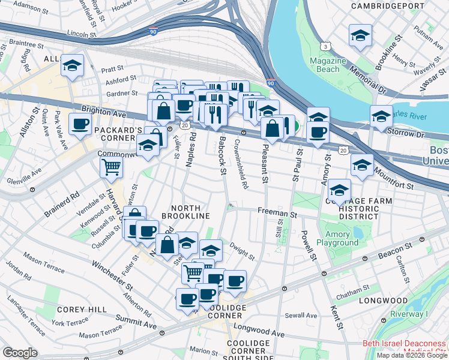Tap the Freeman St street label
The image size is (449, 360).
tap(277, 212)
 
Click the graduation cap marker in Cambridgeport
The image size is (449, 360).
tap(360, 35)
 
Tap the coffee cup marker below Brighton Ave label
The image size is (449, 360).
tap(80, 125)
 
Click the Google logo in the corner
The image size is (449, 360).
tap(20, 353)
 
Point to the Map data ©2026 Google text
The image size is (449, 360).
tap(411, 355)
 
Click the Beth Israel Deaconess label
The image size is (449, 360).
tap(403, 344)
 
